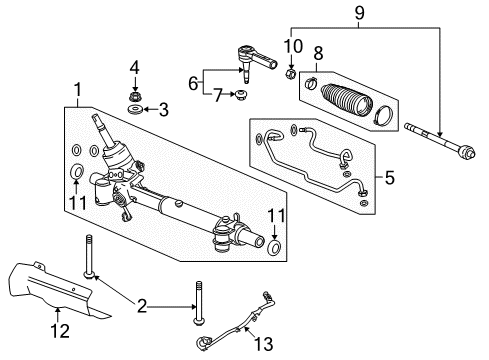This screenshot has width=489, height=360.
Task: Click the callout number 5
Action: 389,180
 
